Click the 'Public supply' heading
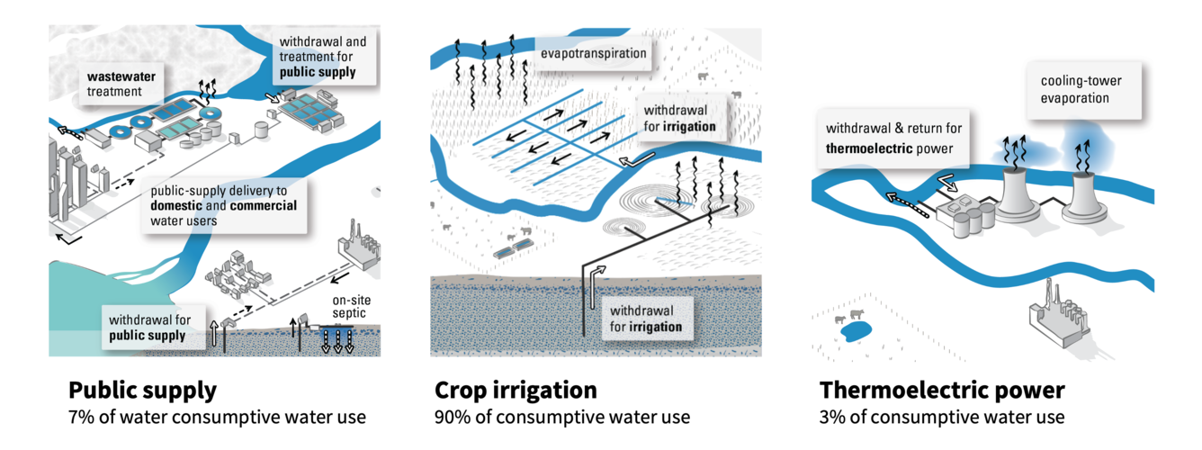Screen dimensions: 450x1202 coord(142,391)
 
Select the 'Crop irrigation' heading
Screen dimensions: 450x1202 coord(516,391)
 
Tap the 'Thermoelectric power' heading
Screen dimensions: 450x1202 coord(942,391)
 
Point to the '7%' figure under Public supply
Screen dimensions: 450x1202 coord(80,418)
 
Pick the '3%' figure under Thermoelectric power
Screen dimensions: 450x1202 coord(832,418)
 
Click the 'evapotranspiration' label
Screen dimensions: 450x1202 coord(593,54)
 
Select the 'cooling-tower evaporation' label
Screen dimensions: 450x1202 coord(1081,89)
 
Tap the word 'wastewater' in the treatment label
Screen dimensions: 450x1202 coord(121,76)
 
